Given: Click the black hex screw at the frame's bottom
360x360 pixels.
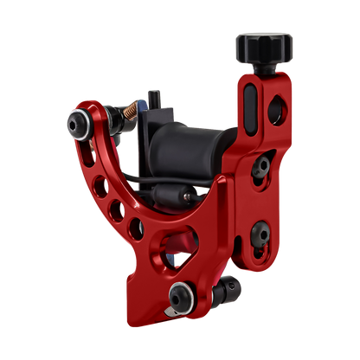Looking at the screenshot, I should [181, 294].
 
